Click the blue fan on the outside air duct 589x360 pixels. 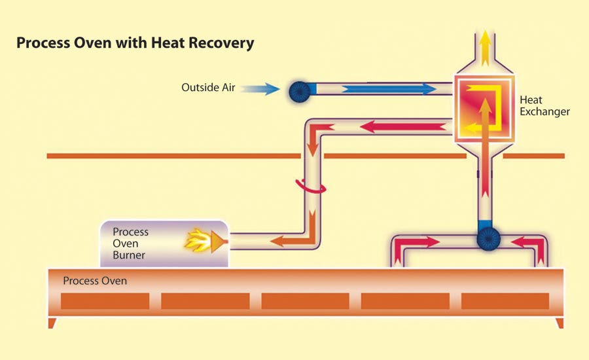coord(301,90)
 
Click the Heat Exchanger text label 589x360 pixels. coord(544,105)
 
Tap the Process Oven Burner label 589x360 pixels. coord(131,243)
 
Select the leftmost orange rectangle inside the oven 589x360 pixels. coord(105,300)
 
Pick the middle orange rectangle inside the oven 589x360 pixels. coord(305,300)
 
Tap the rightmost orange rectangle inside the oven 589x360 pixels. coord(505,300)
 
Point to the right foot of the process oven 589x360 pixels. coord(558,323)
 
